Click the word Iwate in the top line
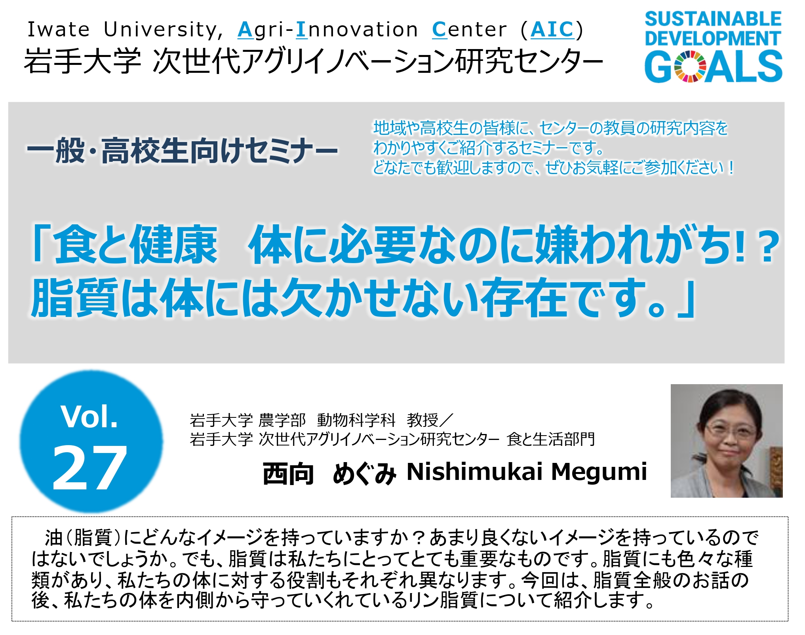pyautogui.click(x=59, y=30)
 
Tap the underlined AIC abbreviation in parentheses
pyautogui.click(x=552, y=30)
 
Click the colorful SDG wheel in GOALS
pyautogui.click(x=690, y=66)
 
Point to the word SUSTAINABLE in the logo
pyautogui.click(x=714, y=19)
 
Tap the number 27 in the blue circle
pyautogui.click(x=90, y=467)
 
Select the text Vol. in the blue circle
pyautogui.click(x=89, y=417)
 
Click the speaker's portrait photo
pyautogui.click(x=727, y=441)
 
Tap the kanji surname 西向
pyautogui.click(x=289, y=473)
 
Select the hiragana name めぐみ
pyautogui.click(x=364, y=473)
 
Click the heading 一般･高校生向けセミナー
pyautogui.click(x=183, y=151)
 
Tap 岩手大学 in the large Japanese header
pyautogui.click(x=82, y=61)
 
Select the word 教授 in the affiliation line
pyautogui.click(x=423, y=420)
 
